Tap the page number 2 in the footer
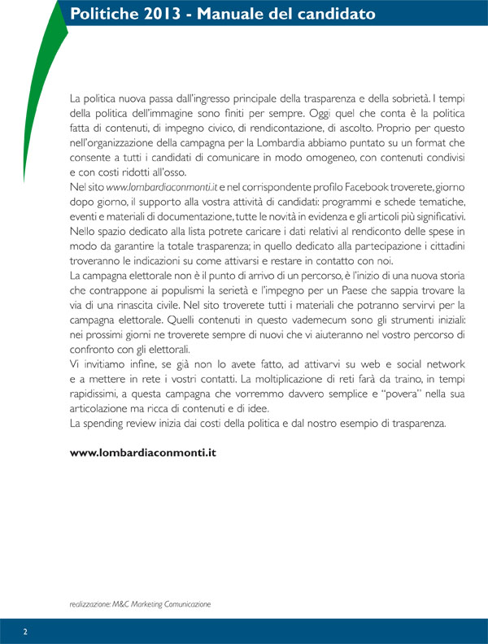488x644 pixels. pos(25,631)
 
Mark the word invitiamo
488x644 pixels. pos(105,364)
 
